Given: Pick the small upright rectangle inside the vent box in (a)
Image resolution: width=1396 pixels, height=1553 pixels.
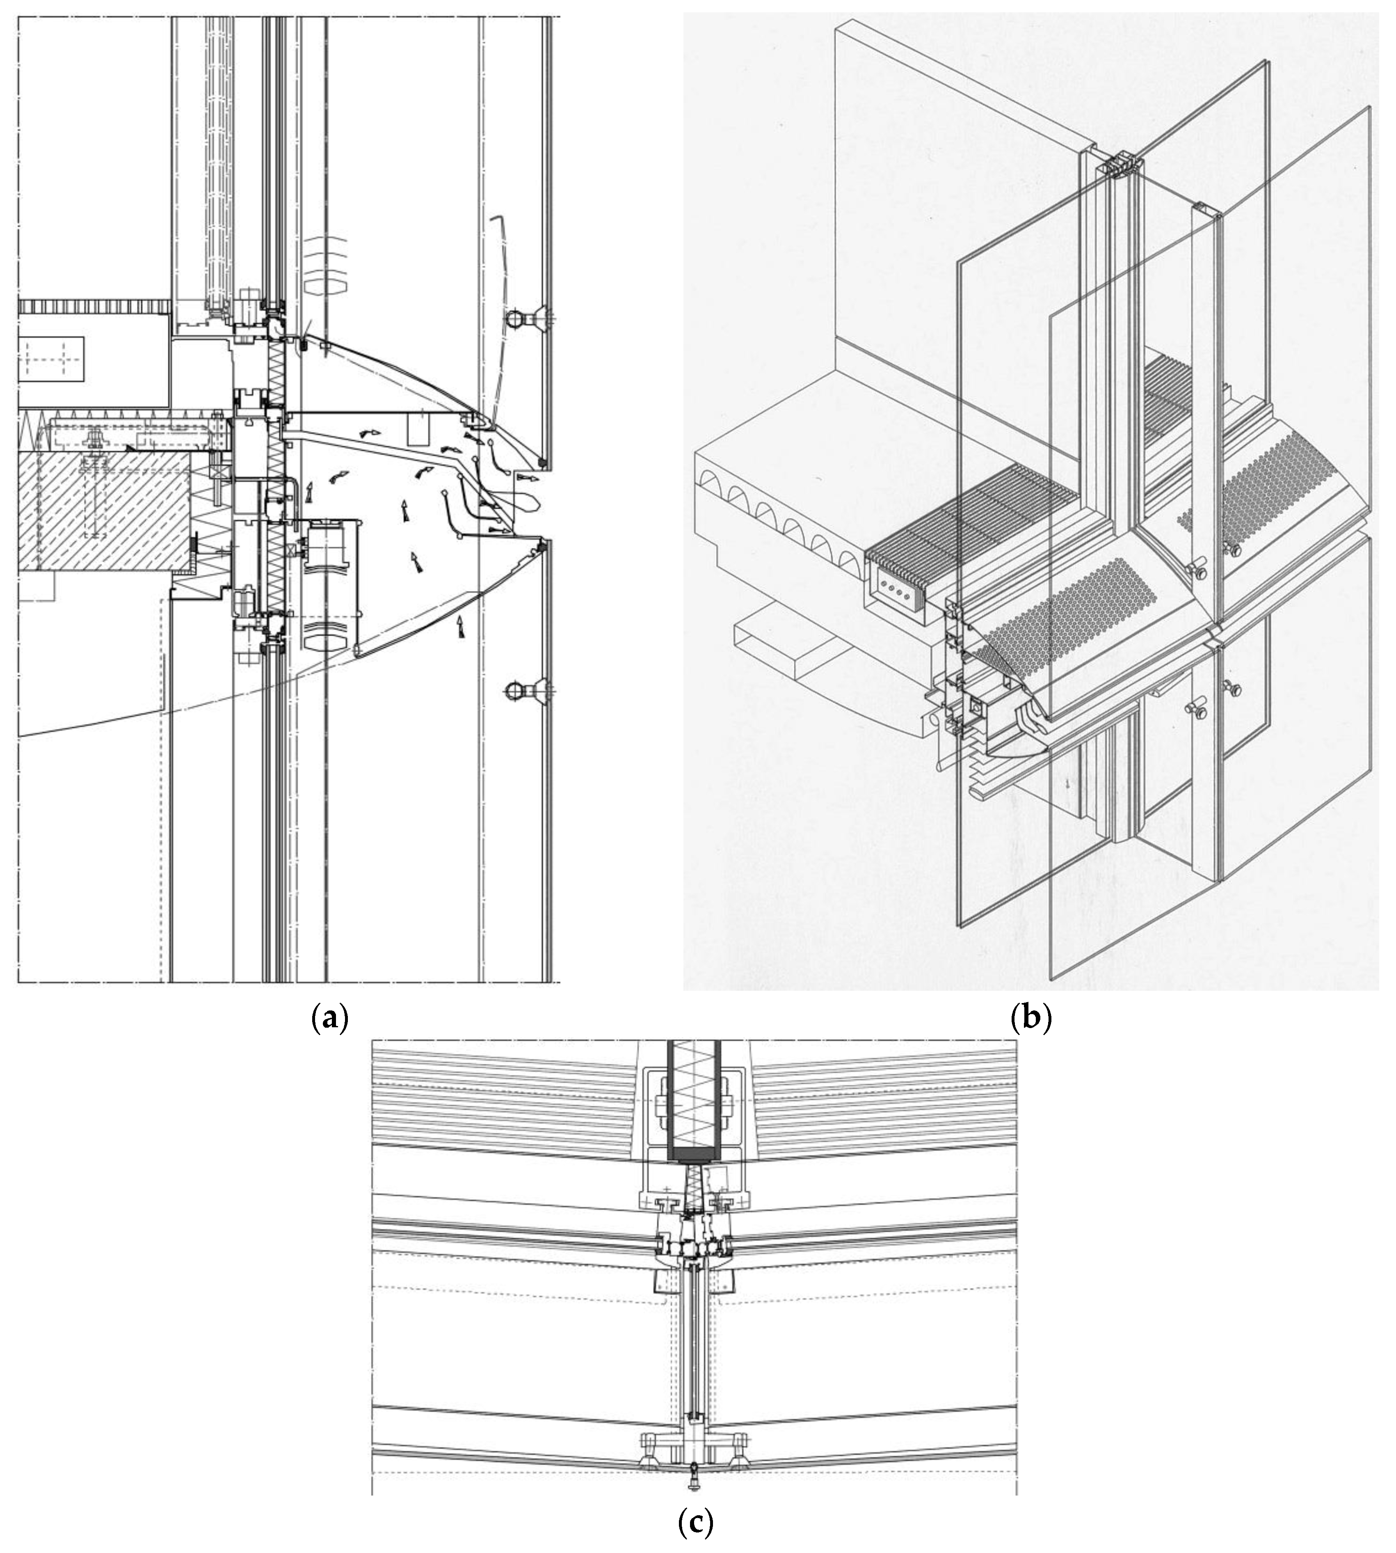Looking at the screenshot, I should click(x=418, y=430).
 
